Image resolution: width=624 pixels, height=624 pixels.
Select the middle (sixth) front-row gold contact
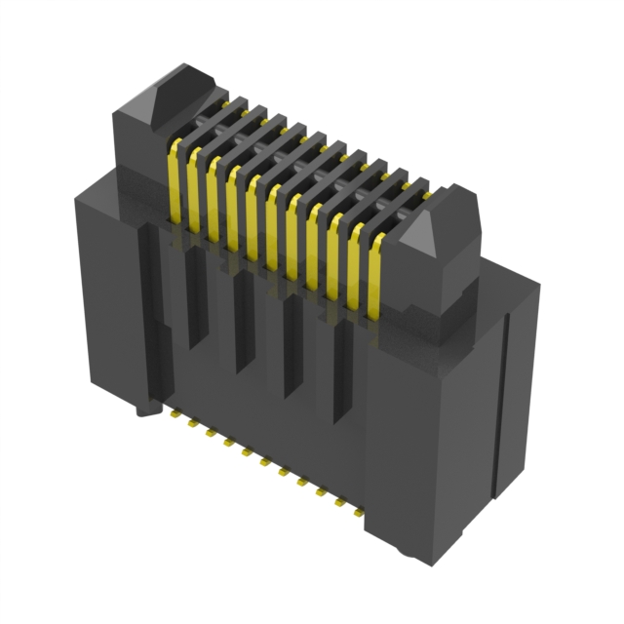tap(274, 223)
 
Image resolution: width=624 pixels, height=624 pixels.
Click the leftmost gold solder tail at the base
tap(174, 414)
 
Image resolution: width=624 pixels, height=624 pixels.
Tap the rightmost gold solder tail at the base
tap(357, 508)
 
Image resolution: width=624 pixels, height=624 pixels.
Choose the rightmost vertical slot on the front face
tap(342, 370)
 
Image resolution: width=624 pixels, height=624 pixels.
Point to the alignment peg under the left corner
tap(145, 409)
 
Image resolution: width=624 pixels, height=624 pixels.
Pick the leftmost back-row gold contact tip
tap(225, 101)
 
